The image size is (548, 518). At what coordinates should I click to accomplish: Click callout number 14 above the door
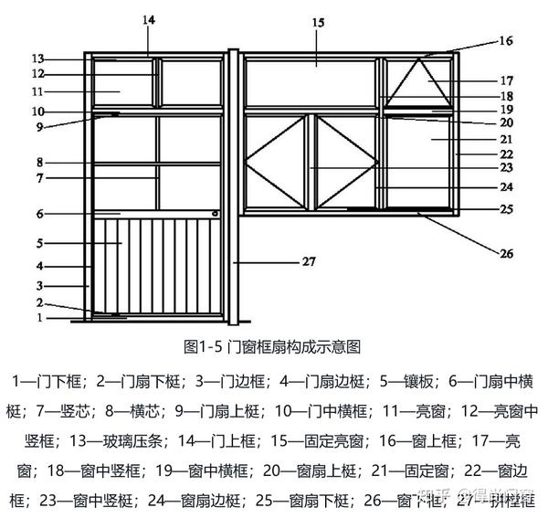149,18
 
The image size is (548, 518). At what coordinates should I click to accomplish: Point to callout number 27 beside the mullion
308,261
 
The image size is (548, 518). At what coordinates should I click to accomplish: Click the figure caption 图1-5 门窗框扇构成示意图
273,346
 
